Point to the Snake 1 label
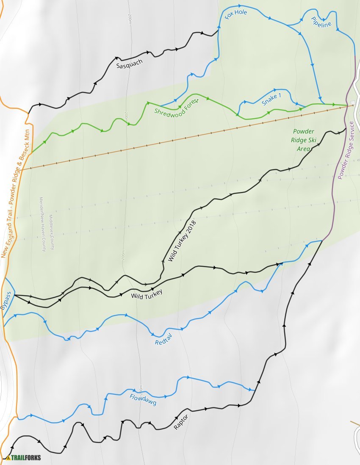point(271,99)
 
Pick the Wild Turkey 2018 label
point(183,240)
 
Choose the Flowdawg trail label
point(143,399)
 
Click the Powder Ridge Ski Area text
point(304,140)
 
